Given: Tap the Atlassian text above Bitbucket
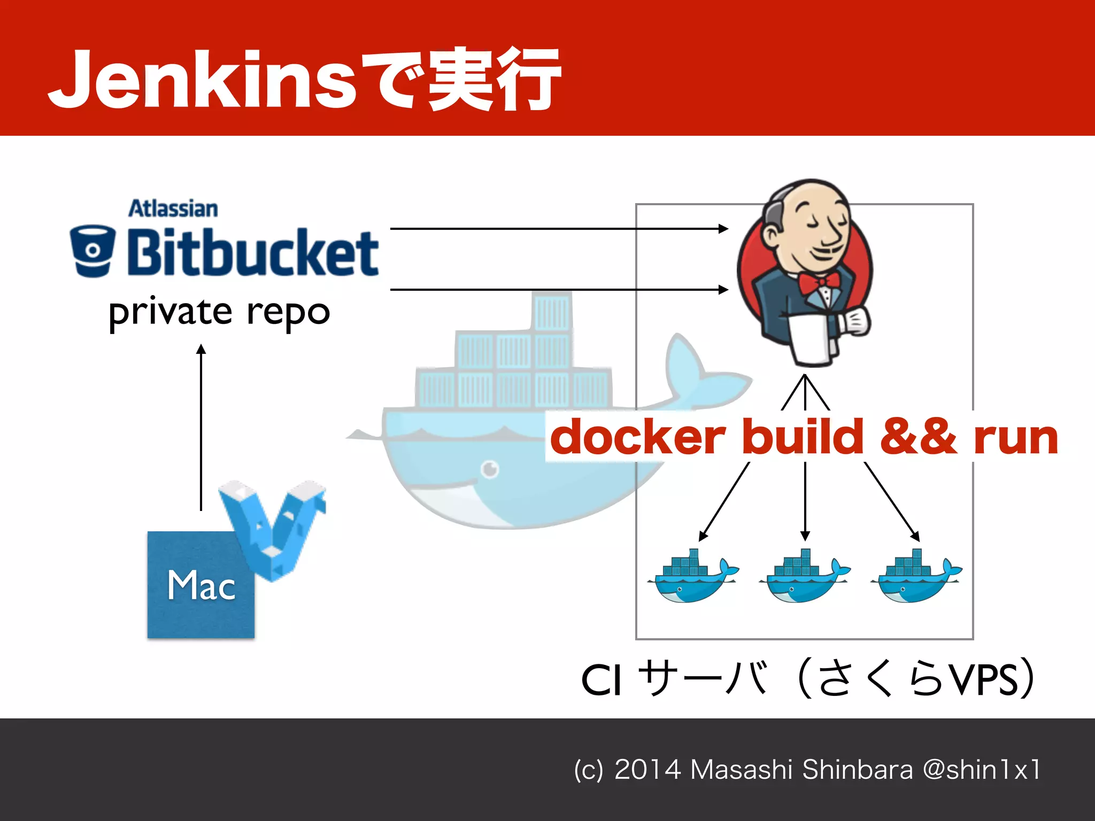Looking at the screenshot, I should click(x=173, y=208).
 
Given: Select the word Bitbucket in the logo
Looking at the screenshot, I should click(x=252, y=252).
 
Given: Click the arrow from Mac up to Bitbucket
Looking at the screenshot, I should click(x=201, y=428).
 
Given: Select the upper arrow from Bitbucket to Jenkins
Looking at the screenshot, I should click(x=559, y=229).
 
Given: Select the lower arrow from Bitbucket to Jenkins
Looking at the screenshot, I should click(x=559, y=290).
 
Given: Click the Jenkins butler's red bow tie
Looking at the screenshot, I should click(x=818, y=282).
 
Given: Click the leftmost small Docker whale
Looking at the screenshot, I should click(x=692, y=577).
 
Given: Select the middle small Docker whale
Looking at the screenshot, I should click(x=805, y=577).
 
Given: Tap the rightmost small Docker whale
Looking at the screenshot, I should click(x=916, y=577).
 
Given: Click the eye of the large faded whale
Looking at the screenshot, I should click(x=490, y=469).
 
